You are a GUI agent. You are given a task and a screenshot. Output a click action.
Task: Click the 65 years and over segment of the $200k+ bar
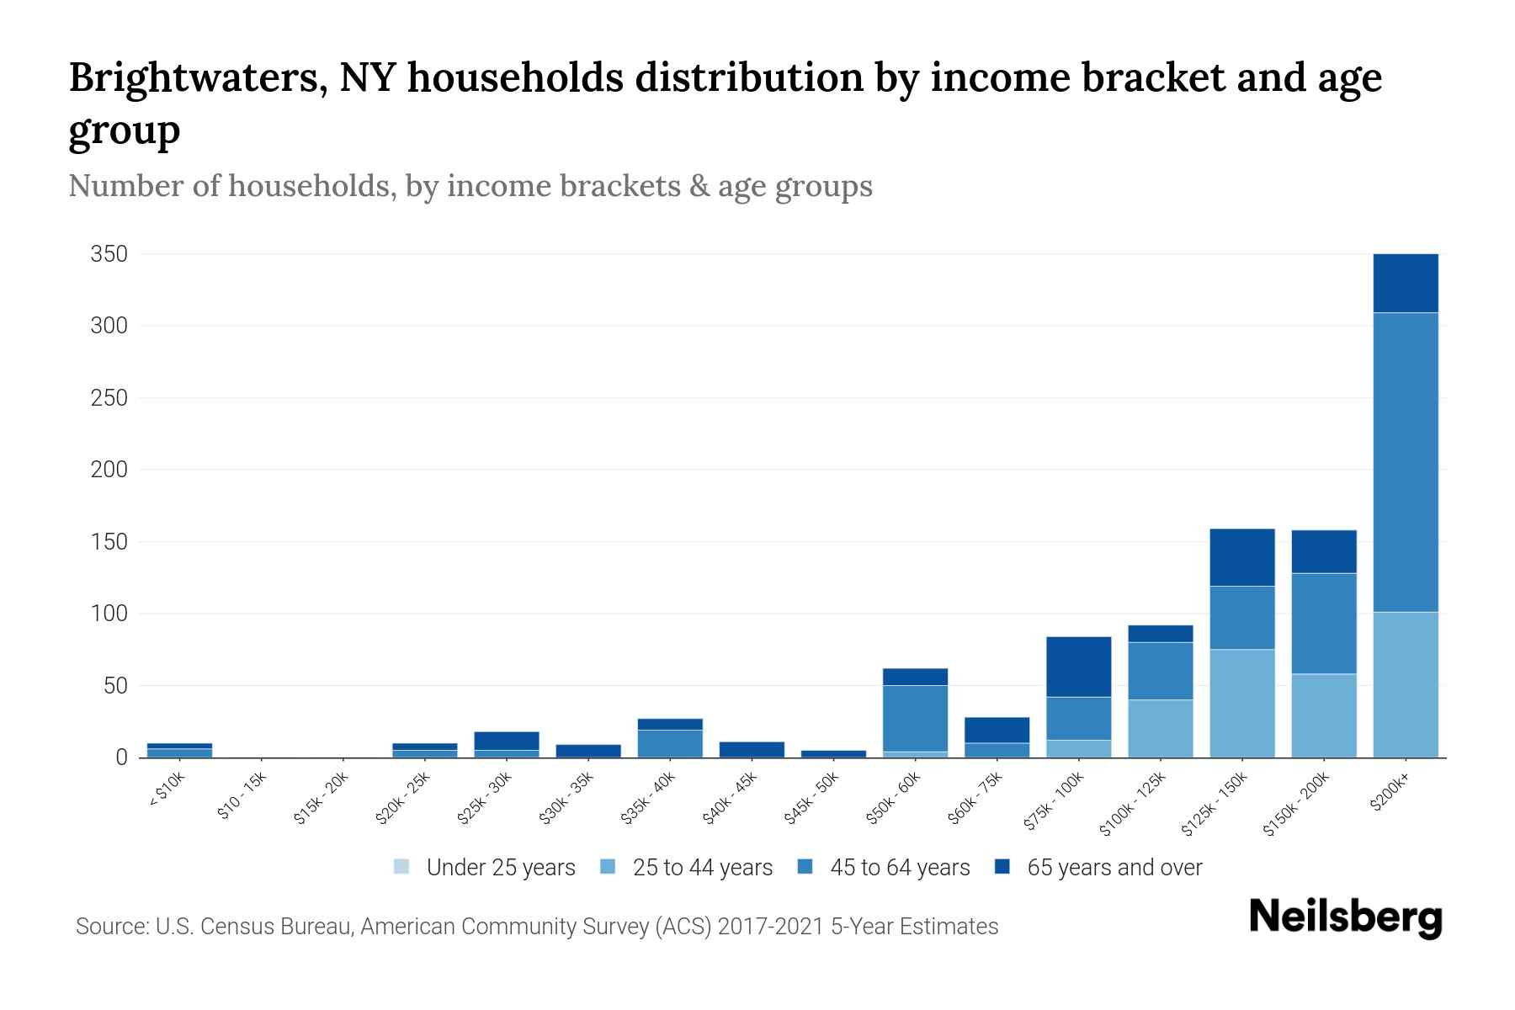pos(1405,283)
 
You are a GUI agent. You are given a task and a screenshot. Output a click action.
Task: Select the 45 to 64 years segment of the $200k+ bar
pos(1405,462)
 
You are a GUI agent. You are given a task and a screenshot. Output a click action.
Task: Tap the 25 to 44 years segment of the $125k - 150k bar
pos(1241,703)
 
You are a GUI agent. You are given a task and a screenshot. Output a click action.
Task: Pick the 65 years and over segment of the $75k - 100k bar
pos(1078,667)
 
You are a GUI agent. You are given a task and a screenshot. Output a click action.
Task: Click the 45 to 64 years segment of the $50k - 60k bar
pos(915,718)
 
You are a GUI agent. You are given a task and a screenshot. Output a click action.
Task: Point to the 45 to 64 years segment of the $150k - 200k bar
pos(1323,623)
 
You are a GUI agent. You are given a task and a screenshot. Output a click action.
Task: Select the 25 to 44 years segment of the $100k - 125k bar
pos(1160,728)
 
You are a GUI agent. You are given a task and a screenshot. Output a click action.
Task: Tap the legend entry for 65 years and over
pos(1098,867)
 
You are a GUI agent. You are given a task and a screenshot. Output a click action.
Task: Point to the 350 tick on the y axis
pos(109,254)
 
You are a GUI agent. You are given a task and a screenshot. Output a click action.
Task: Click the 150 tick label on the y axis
pos(109,541)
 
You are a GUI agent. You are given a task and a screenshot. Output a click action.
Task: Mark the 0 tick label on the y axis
pos(120,757)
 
